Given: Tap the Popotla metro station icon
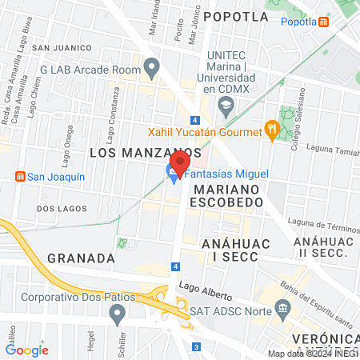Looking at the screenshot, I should click(323, 22).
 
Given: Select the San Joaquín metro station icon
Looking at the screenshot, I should click(20, 177).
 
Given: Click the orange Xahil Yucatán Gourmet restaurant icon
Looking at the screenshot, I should click(273, 131).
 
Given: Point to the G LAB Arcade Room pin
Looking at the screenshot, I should click(150, 69).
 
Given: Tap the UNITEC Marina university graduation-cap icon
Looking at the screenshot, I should click(226, 106).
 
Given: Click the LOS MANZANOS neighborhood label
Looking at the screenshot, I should click(144, 151).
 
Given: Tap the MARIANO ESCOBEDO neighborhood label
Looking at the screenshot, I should click(226, 196).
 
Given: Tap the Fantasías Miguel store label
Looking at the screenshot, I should click(229, 174).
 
